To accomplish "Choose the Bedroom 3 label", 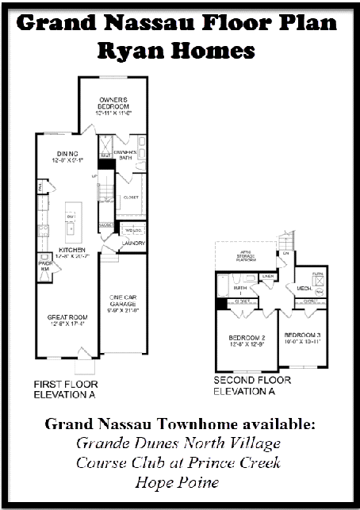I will point(302,336).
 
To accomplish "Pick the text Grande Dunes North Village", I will point(179,443).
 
